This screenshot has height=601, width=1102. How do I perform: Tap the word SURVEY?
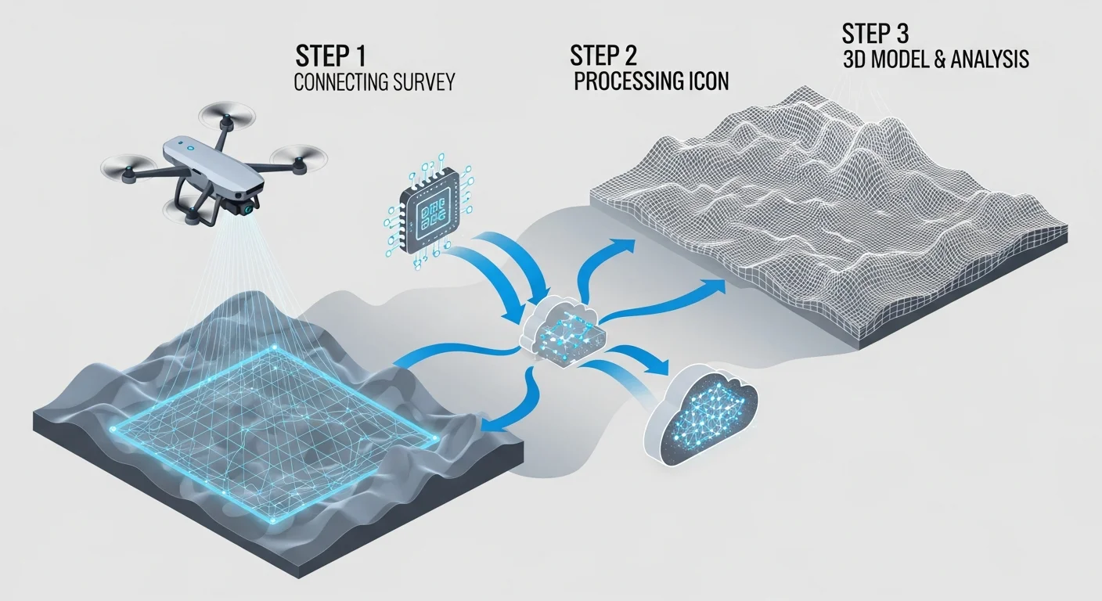tap(423, 82)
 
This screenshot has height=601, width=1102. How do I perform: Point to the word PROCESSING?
tap(624, 82)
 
